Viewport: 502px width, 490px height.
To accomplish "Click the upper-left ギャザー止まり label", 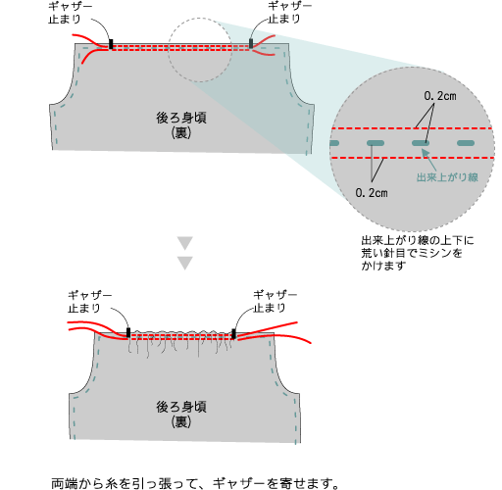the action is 71,13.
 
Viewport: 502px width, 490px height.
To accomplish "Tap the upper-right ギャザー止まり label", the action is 289,13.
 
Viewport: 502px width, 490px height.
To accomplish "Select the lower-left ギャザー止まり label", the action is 90,302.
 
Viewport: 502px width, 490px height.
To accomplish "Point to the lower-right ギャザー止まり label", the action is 276,302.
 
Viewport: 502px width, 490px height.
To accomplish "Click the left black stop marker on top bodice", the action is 111,44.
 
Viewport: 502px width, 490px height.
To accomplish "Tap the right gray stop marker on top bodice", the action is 251,43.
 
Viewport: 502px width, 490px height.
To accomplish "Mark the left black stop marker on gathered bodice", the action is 128,332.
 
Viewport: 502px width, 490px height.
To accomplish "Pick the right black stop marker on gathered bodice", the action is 233,334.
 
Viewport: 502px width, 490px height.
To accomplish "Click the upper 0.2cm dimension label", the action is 440,96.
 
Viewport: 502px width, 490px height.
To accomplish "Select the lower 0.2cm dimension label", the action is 372,193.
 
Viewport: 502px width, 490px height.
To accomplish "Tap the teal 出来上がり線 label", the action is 447,177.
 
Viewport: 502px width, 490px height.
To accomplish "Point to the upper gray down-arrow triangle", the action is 185,243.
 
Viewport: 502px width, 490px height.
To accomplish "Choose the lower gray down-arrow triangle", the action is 185,264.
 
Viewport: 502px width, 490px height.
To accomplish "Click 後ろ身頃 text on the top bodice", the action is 181,118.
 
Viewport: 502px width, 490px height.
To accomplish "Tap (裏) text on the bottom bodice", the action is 181,422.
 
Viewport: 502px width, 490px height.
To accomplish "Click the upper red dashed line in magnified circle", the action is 412,128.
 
